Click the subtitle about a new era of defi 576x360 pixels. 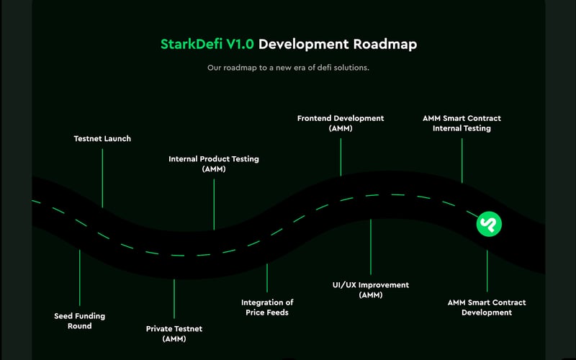[x=288, y=68]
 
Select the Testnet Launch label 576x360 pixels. [x=102, y=138]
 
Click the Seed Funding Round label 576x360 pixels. [x=79, y=320]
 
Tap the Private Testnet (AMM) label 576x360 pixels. [x=174, y=333]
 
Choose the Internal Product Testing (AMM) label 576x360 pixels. [x=214, y=163]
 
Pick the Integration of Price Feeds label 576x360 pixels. [x=267, y=307]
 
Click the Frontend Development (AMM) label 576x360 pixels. [x=341, y=123]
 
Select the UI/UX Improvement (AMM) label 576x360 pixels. [x=371, y=290]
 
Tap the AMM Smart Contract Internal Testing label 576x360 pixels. [x=462, y=123]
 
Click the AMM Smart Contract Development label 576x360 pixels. [x=487, y=307]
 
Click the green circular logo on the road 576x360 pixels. [x=489, y=224]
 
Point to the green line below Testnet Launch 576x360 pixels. [x=102, y=176]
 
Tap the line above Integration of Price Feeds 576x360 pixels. [x=267, y=277]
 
